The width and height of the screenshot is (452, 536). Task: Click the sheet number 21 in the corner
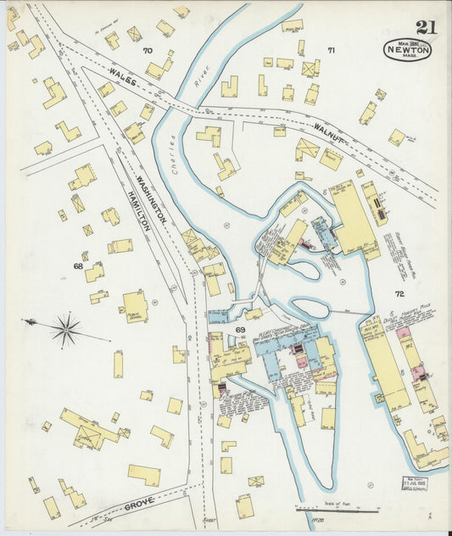point(426,28)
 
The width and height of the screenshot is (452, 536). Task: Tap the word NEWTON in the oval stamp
point(408,49)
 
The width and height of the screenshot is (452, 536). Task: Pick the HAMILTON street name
point(137,209)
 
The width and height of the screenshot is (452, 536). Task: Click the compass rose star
point(65,329)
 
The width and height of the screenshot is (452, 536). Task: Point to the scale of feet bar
point(337,510)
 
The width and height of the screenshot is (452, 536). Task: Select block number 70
point(148,51)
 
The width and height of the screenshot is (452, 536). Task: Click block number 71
point(332,51)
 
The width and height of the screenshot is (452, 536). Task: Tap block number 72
point(399,293)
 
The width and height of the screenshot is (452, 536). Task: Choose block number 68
point(78,266)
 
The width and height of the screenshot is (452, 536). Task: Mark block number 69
point(240,329)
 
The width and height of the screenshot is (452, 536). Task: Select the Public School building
point(135,307)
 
